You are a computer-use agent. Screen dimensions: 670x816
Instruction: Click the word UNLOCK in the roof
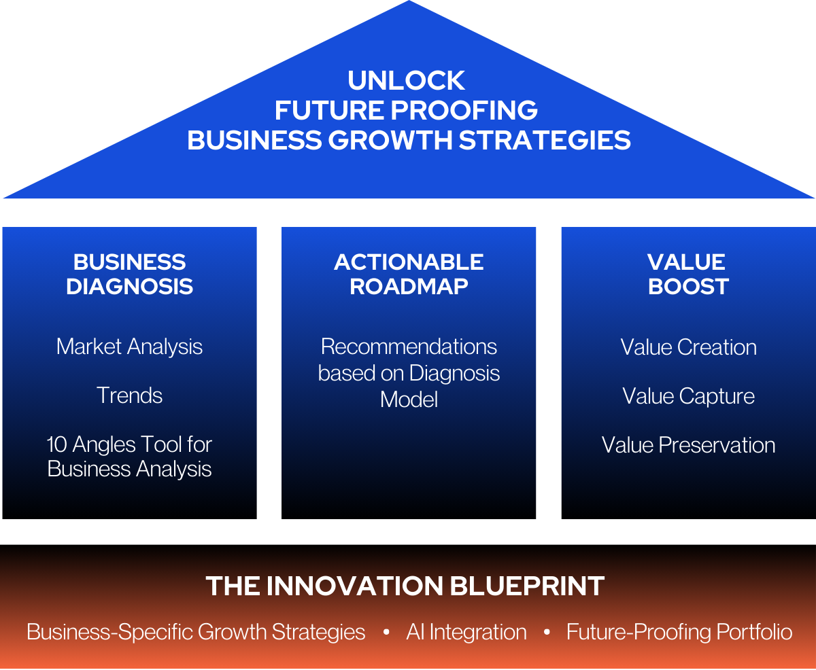point(407,81)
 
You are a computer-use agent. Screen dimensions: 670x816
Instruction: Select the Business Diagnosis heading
point(129,274)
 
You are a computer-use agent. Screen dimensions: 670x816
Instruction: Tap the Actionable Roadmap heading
point(409,274)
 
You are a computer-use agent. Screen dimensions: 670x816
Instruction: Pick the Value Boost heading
point(687,274)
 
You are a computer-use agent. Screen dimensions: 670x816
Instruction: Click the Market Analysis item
point(129,347)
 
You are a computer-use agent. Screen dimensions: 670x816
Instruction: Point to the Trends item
point(129,395)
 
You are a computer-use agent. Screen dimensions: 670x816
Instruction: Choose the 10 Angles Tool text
point(129,457)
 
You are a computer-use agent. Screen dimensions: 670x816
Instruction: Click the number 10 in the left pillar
point(56,445)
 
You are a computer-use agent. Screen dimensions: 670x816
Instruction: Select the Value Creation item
point(688,347)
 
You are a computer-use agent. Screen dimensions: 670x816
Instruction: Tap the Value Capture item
point(688,396)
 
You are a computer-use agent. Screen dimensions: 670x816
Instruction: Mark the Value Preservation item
point(688,445)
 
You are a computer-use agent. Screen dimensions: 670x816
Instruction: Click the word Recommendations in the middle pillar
point(409,347)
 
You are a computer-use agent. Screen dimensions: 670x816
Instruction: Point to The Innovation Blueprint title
point(405,586)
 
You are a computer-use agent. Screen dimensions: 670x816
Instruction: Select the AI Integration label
point(466,633)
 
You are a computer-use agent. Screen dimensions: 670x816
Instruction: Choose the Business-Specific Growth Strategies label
point(196,633)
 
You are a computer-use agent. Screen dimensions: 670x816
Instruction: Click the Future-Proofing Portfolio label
point(679,633)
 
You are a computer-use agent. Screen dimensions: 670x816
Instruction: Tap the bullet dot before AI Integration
point(386,633)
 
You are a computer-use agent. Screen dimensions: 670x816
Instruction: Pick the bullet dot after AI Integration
point(547,633)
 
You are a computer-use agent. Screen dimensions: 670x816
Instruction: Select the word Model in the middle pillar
point(409,399)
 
